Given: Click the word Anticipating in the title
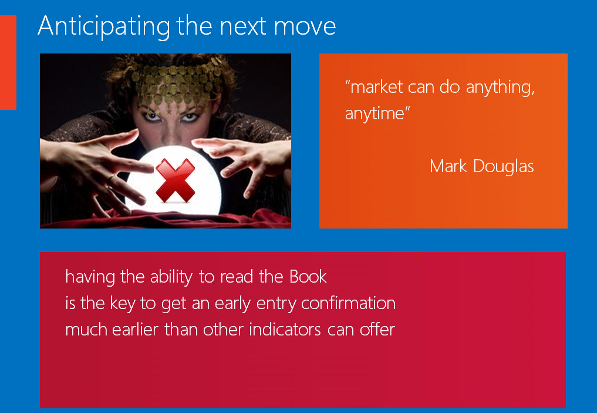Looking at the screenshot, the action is pyautogui.click(x=104, y=26).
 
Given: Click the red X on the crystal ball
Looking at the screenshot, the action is pyautogui.click(x=175, y=180).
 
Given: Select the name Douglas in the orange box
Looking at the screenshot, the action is pyautogui.click(x=503, y=167).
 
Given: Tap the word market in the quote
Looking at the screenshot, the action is pyautogui.click(x=376, y=88).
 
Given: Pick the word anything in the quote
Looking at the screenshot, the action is pyautogui.click(x=500, y=88).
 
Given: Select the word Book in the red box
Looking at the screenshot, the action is pyautogui.click(x=308, y=277).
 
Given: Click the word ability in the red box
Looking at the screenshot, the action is pyautogui.click(x=171, y=277).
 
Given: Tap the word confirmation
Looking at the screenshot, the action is pyautogui.click(x=348, y=303).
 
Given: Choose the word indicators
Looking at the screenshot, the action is pyautogui.click(x=285, y=330).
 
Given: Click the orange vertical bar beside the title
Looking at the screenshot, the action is pyautogui.click(x=8, y=62).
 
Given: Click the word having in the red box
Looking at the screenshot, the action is pyautogui.click(x=90, y=277).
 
